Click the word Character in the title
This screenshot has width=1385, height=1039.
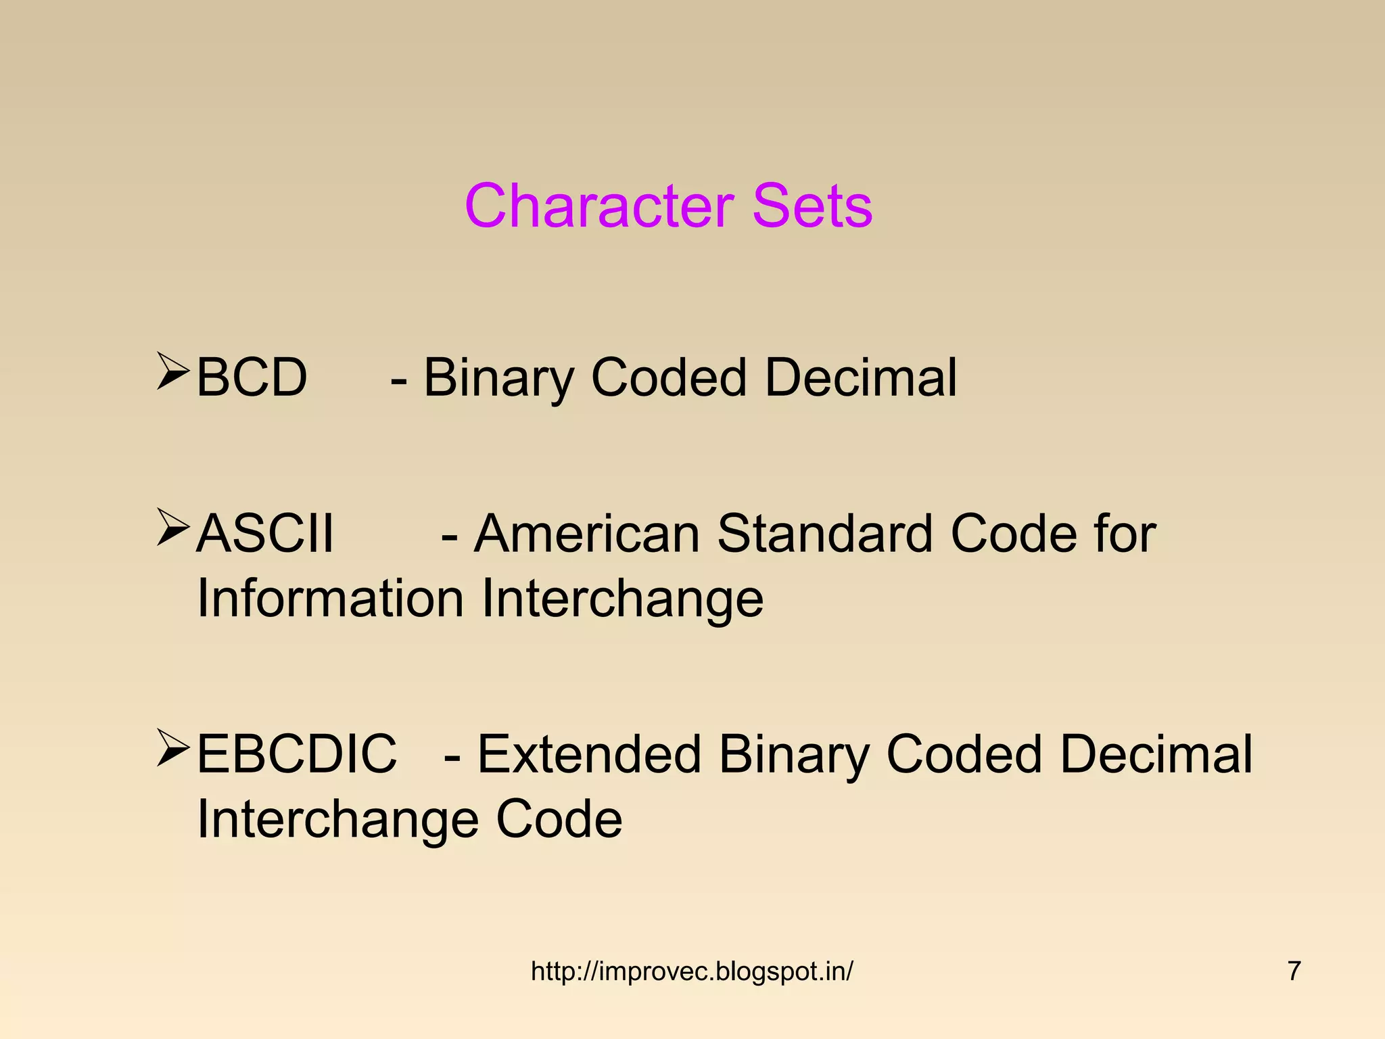point(599,206)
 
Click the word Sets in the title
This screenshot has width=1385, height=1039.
point(812,206)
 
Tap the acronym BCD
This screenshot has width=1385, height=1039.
point(252,377)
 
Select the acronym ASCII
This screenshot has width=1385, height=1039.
point(265,534)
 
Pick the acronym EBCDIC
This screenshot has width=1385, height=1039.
point(297,754)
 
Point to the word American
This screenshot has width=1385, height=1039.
point(586,534)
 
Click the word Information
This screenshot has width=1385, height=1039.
point(330,599)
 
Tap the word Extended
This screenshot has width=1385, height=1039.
point(589,754)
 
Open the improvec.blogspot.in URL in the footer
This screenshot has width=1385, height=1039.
point(692,971)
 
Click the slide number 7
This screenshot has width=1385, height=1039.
point(1294,971)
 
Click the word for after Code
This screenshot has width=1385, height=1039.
point(1125,534)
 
